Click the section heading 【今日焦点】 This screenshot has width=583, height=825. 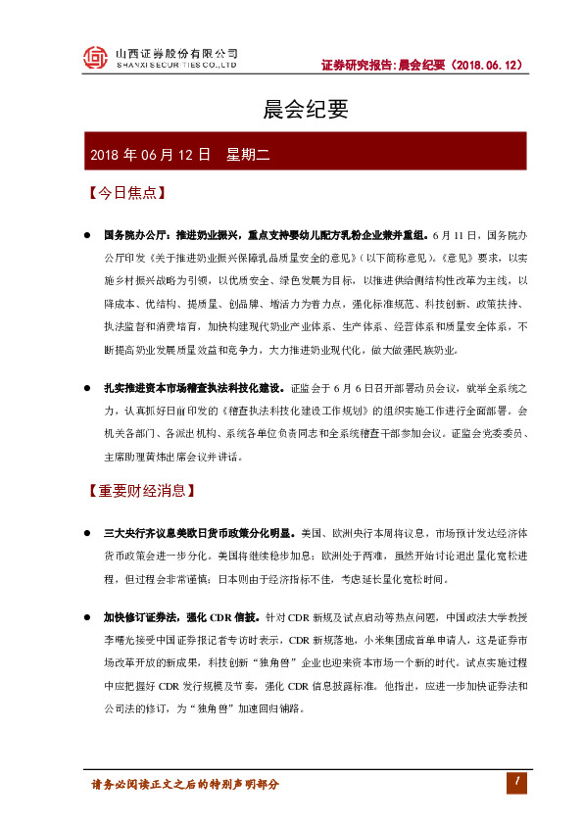(125, 193)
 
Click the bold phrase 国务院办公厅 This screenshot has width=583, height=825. (138, 237)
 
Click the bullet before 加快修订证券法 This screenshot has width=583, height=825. (87, 617)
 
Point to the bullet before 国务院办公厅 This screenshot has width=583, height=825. (87, 237)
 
